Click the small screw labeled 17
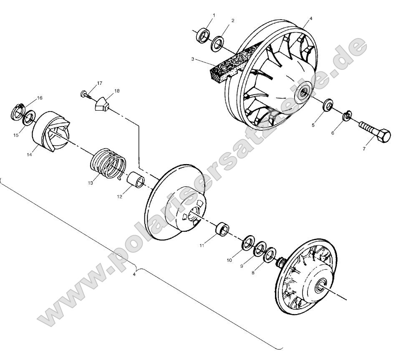coord(84,94)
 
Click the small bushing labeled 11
coord(222,229)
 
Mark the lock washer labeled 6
coord(347,117)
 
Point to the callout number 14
coord(30,154)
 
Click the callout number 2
coord(232,20)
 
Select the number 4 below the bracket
coord(134,274)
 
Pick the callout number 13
coord(91,183)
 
